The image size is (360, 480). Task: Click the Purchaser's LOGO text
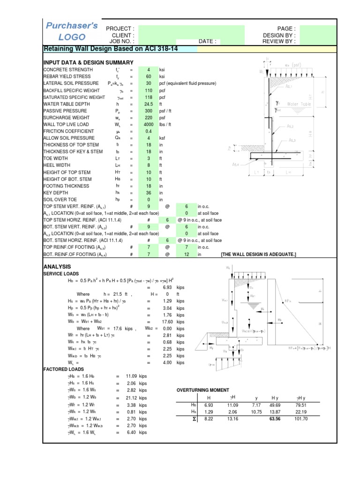coord(72,31)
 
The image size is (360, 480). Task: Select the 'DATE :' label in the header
coord(208,41)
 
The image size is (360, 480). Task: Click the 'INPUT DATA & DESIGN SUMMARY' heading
coord(88,62)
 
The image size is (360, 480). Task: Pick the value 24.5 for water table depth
coord(149,104)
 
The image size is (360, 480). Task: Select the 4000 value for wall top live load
coord(149,124)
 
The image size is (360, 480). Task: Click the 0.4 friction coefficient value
coord(149,131)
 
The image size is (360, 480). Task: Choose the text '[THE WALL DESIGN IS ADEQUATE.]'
coord(258,254)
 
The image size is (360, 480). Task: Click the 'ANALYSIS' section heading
coord(57,266)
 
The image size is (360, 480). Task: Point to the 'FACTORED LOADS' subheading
coord(64,369)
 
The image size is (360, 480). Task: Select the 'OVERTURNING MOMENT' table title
coord(202,390)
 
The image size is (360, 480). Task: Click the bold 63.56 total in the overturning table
coord(275,419)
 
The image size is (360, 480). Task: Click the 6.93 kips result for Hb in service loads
coord(167,286)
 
